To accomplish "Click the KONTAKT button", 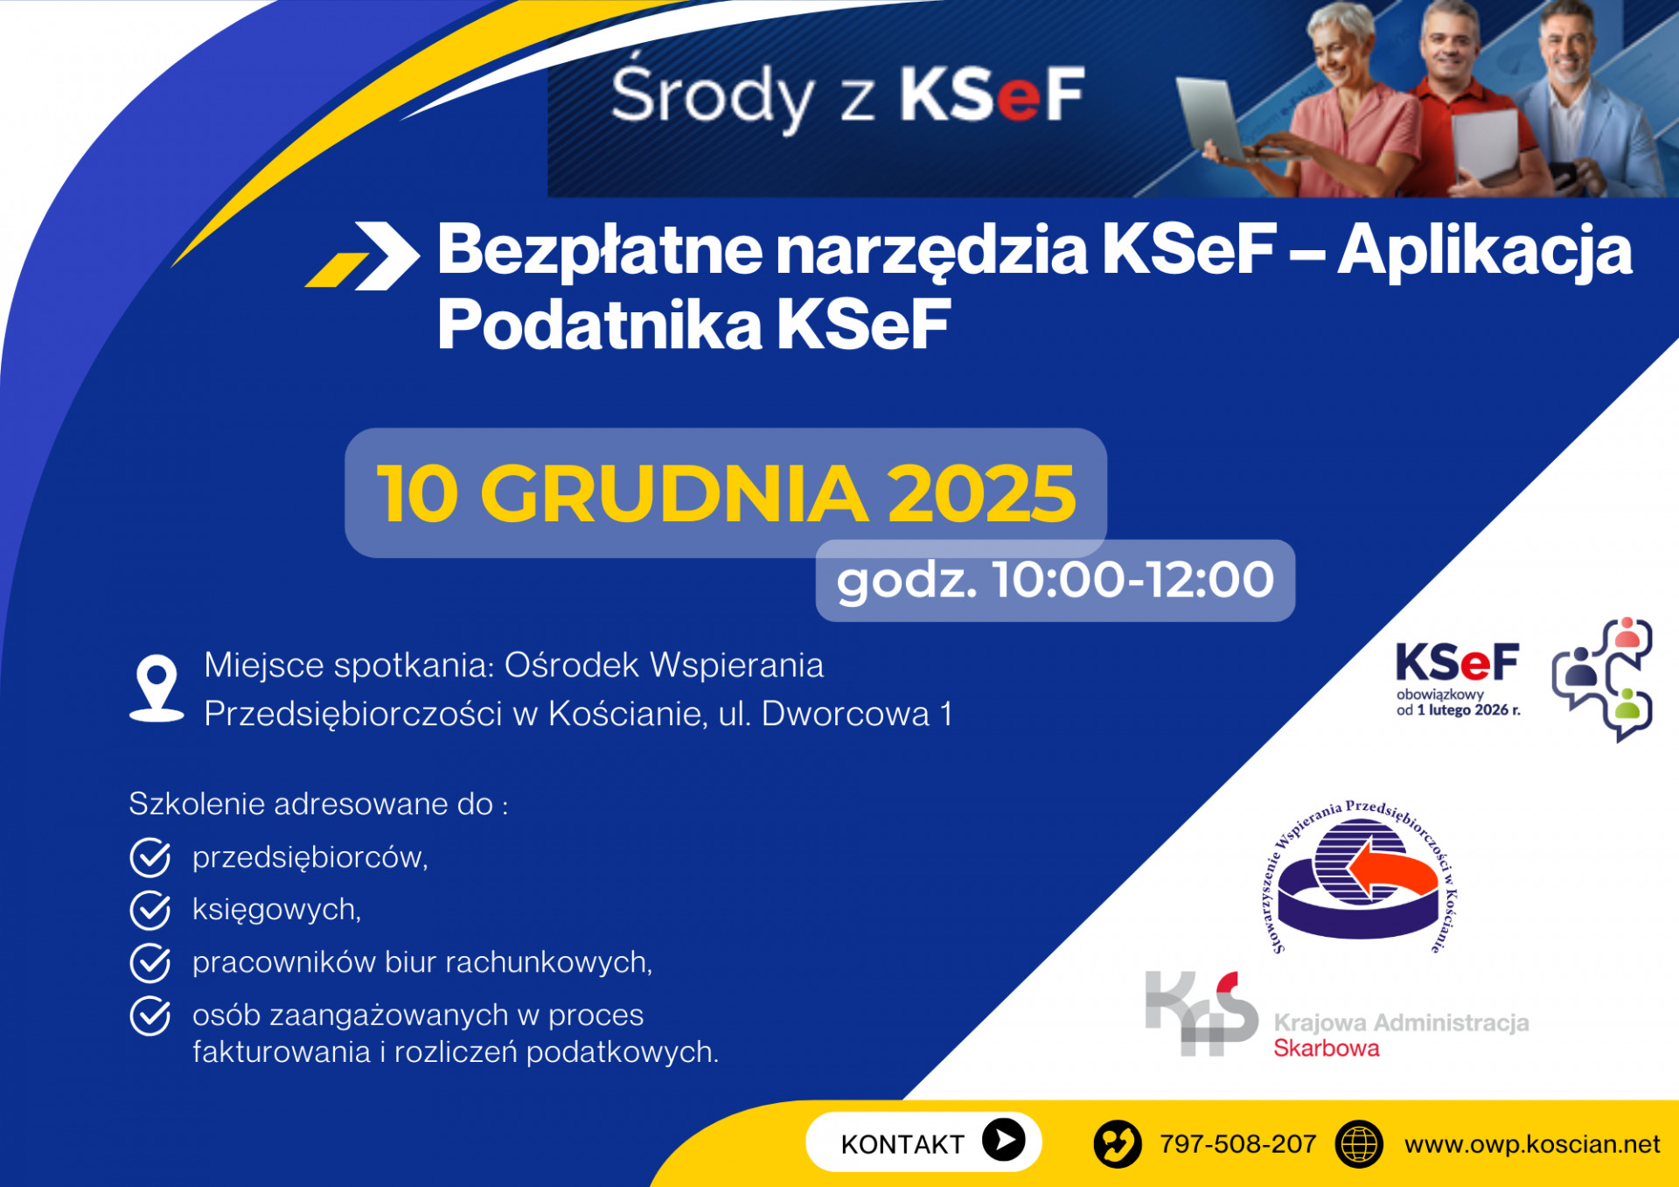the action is click(x=923, y=1142).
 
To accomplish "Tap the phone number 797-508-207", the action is click(x=1237, y=1143).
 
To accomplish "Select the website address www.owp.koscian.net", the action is click(x=1532, y=1144).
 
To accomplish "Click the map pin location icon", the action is click(x=157, y=688).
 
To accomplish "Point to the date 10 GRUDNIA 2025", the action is click(x=726, y=493).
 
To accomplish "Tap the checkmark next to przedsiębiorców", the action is click(x=150, y=857).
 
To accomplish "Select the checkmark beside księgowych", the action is click(x=150, y=910).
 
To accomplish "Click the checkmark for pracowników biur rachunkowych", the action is click(x=150, y=962).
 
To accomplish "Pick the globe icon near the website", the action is click(x=1359, y=1144).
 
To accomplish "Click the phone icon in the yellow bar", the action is click(x=1118, y=1144).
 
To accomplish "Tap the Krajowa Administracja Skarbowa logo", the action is click(x=1337, y=1016).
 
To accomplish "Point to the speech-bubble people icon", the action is click(x=1602, y=679).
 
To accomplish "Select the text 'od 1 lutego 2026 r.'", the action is click(x=1458, y=710).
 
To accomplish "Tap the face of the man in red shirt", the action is click(x=1450, y=47).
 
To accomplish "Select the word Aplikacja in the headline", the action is click(x=1484, y=252).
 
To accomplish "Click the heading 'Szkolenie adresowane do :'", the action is click(x=318, y=804).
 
